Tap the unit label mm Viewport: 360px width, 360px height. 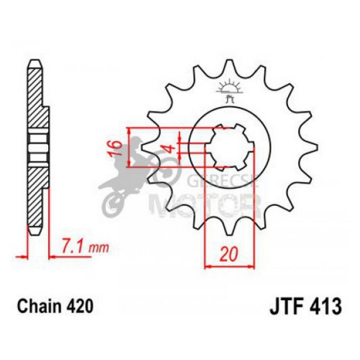pyautogui.click(x=99, y=246)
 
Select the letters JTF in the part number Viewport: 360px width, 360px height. pyautogui.click(x=284, y=307)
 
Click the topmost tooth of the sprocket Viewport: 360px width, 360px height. pyautogui.click(x=229, y=65)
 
